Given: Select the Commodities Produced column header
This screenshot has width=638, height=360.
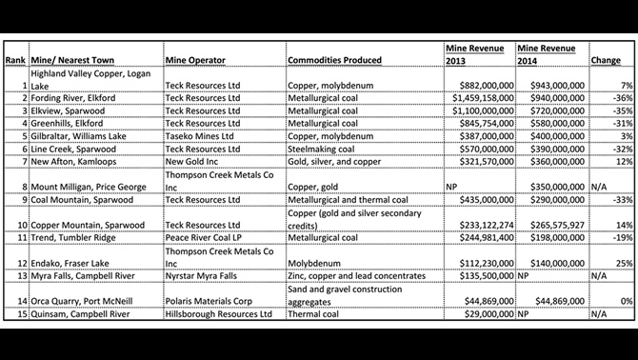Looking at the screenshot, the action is (334, 60).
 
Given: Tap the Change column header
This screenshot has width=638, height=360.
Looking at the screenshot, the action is (606, 60).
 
